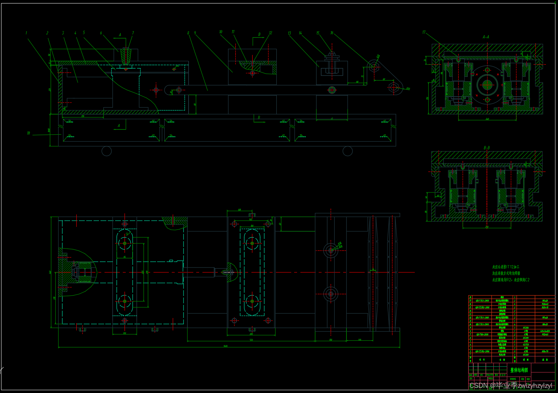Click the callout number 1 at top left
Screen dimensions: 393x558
coord(26,33)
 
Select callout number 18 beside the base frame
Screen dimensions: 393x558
coord(29,133)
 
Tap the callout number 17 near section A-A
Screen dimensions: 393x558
coord(424,33)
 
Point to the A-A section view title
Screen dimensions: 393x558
coord(486,37)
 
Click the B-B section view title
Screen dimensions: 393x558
coord(486,148)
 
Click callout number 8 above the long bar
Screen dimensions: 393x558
coord(188,33)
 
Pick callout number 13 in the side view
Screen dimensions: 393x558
coord(289,33)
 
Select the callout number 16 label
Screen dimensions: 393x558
coord(332,33)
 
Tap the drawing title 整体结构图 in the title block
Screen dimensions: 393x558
coord(519,370)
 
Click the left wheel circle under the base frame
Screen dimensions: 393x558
coord(106,151)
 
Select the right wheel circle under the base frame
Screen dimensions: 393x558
coord(348,151)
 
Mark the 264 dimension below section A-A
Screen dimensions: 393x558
coord(487,119)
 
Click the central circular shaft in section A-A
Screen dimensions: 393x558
coord(487,85)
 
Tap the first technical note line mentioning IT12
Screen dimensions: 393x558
coord(505,267)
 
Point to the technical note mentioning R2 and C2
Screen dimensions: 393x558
coord(510,280)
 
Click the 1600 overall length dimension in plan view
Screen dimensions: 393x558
coord(225,346)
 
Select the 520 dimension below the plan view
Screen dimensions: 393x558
coord(251,340)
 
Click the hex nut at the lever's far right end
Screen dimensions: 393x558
coord(393,87)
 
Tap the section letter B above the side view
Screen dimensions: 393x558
coord(259,35)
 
